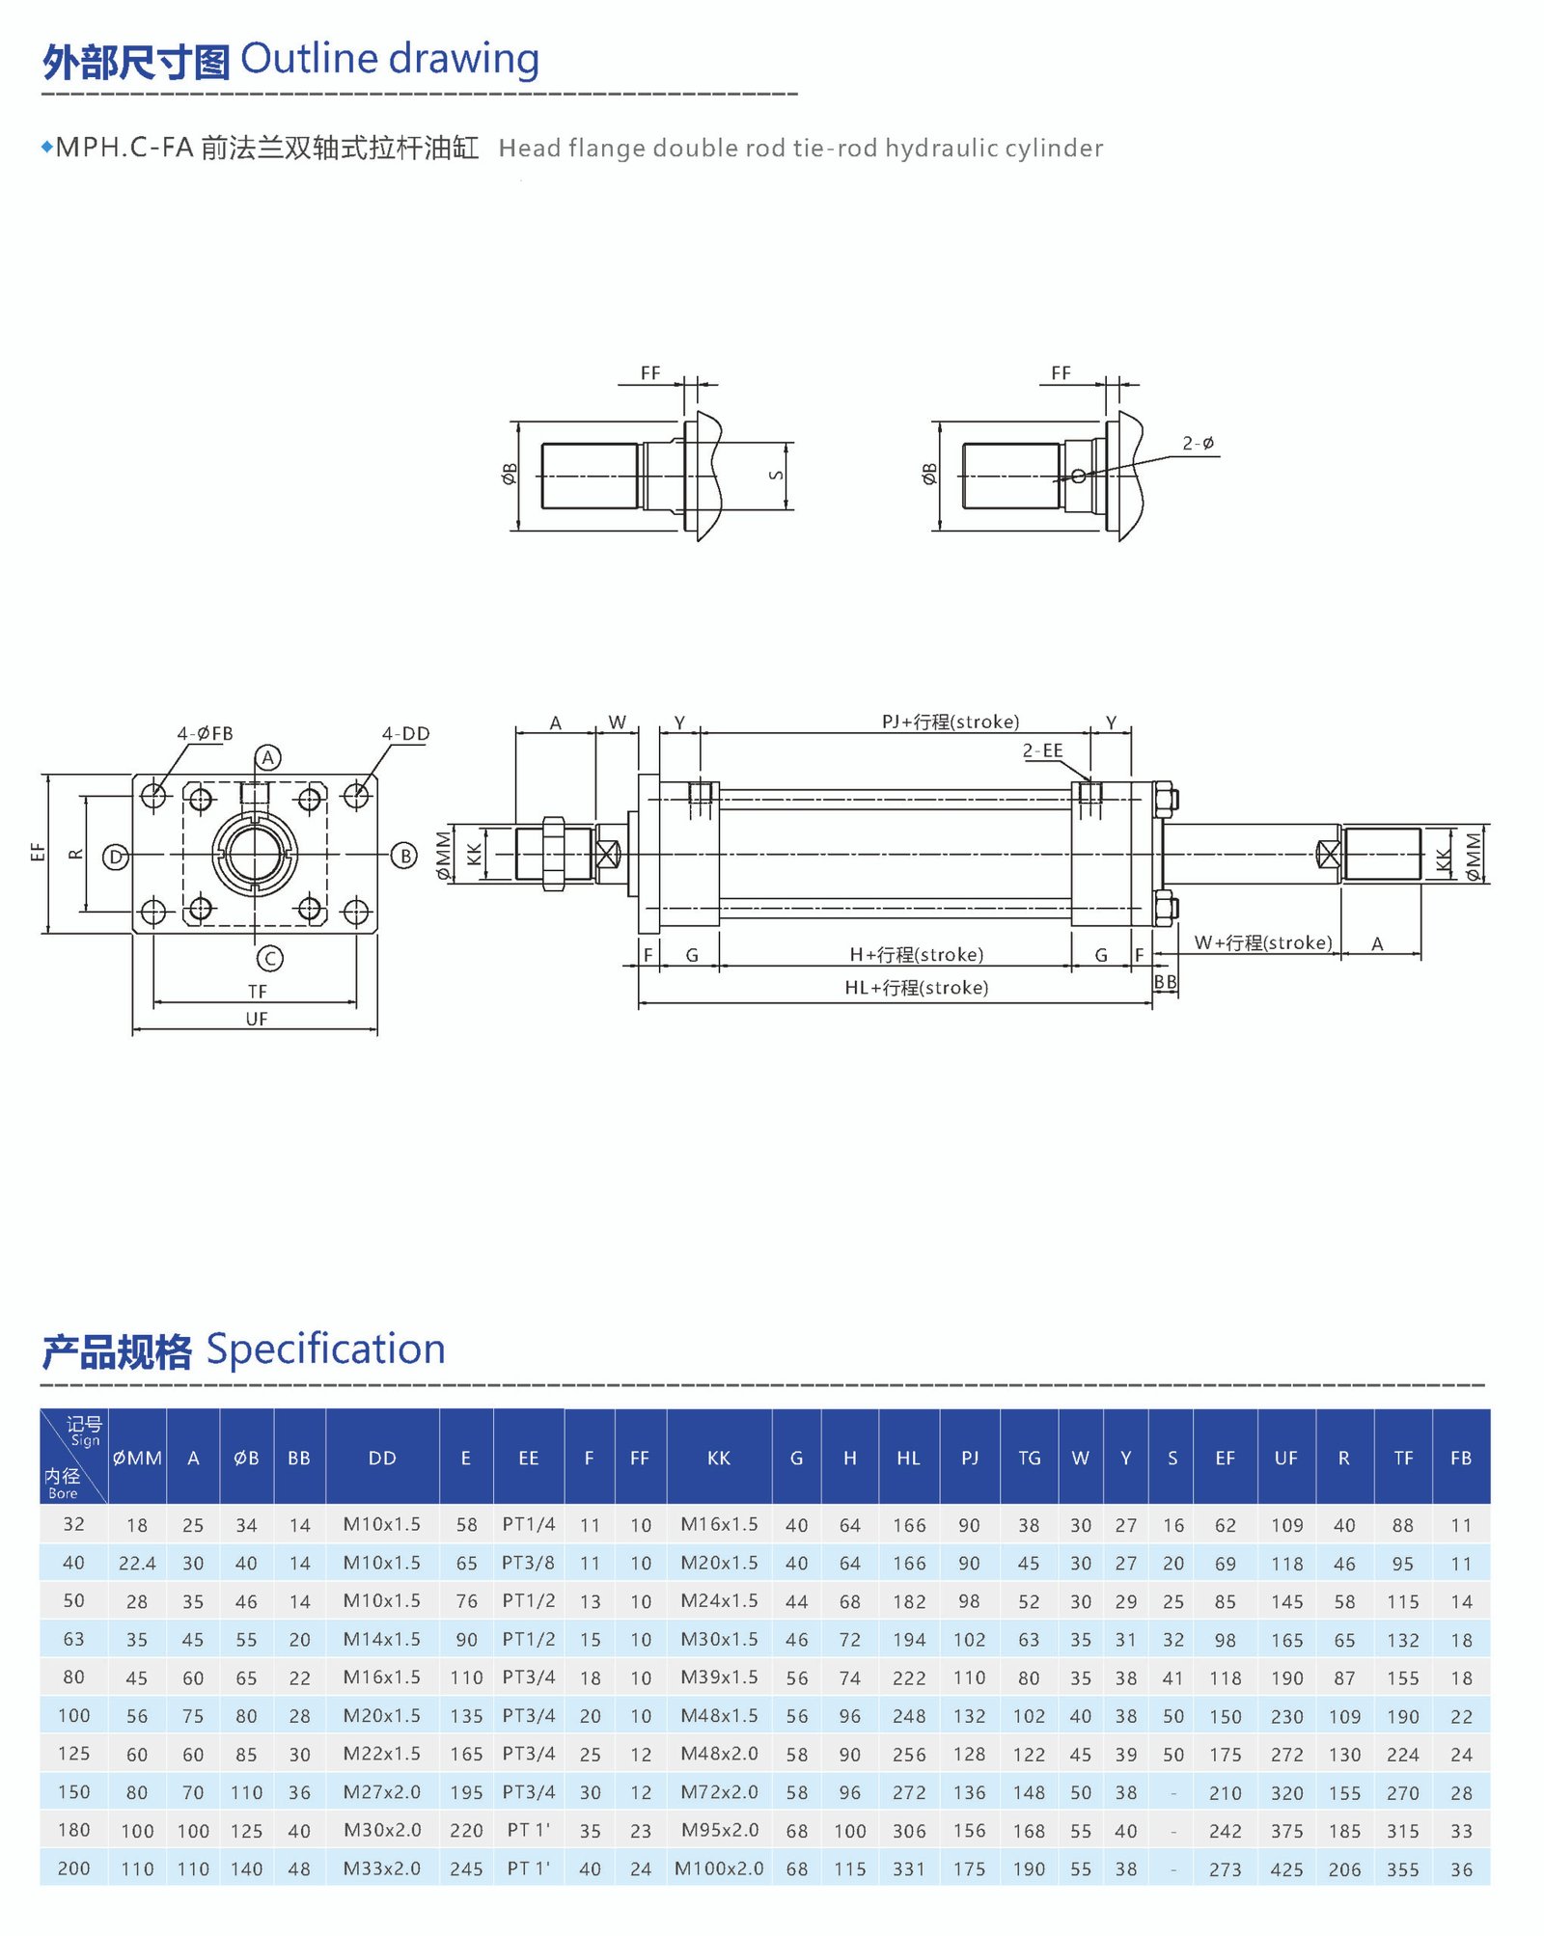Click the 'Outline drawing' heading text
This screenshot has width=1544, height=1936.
pyautogui.click(x=389, y=60)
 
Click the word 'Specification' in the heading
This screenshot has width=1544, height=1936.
pyautogui.click(x=325, y=1349)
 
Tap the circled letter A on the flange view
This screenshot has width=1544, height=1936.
pyautogui.click(x=268, y=757)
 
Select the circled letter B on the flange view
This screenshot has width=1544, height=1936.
pyautogui.click(x=404, y=856)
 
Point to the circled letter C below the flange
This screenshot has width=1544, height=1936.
pyautogui.click(x=269, y=958)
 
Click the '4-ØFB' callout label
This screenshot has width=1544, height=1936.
pyautogui.click(x=205, y=733)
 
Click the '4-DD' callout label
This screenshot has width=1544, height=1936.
pyautogui.click(x=405, y=733)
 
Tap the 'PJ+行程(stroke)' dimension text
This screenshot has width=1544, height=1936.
pyautogui.click(x=950, y=722)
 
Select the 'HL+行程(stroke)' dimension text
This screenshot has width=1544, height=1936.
pyautogui.click(x=916, y=987)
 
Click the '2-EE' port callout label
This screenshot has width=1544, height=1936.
pyautogui.click(x=1042, y=750)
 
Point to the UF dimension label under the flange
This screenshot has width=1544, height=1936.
pyautogui.click(x=256, y=1019)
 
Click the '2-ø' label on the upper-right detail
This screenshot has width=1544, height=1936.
pyautogui.click(x=1198, y=443)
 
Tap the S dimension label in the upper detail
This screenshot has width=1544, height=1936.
pyautogui.click(x=776, y=475)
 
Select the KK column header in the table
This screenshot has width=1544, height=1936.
pyautogui.click(x=718, y=1458)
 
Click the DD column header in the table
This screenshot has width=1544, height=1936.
pyautogui.click(x=382, y=1458)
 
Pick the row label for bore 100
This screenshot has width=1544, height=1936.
pyautogui.click(x=73, y=1715)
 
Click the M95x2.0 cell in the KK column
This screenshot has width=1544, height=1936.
pyautogui.click(x=719, y=1830)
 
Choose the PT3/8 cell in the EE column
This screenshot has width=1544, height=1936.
pyautogui.click(x=528, y=1563)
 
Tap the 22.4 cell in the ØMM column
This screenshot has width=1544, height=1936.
pyautogui.click(x=137, y=1563)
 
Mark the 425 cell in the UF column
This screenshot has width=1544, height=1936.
pyautogui.click(x=1286, y=1868)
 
